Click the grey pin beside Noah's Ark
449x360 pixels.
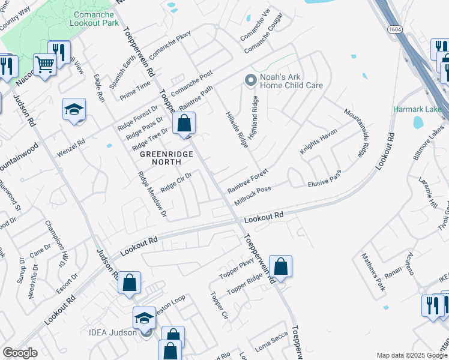250,79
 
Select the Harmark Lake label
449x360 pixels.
417,109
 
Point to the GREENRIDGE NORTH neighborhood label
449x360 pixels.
167,158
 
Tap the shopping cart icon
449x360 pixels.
44,64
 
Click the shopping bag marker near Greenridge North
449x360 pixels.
184,123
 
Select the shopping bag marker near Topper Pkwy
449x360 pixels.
280,266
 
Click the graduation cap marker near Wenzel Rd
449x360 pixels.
74,110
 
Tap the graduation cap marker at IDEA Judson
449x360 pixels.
144,318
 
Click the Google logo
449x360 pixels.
20,353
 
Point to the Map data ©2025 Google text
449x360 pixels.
412,355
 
